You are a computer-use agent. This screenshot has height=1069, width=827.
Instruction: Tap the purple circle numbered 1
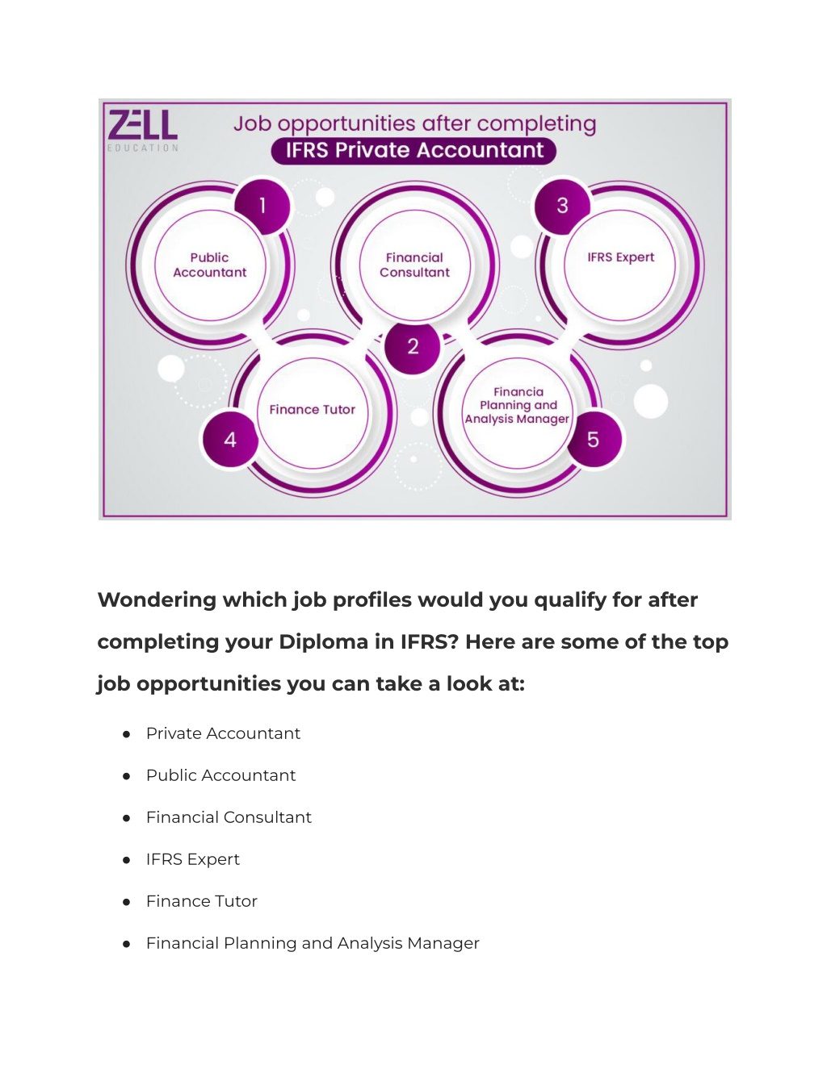(x=262, y=206)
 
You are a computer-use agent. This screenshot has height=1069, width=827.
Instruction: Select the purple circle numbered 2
(x=413, y=346)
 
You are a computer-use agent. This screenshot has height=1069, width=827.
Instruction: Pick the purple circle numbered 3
(x=562, y=206)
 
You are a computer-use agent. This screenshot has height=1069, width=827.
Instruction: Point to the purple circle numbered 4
(x=230, y=440)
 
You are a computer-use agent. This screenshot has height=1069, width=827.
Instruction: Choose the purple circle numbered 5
(x=594, y=440)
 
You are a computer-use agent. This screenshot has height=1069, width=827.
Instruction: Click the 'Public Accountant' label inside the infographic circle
(x=210, y=265)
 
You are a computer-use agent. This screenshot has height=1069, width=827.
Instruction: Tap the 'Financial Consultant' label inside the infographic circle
(x=414, y=265)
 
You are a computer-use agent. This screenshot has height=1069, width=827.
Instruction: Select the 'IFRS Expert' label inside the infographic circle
(x=621, y=257)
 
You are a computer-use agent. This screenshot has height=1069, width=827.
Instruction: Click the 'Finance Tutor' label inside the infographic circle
(x=312, y=409)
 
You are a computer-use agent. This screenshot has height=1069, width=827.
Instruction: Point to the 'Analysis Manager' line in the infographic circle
(x=517, y=420)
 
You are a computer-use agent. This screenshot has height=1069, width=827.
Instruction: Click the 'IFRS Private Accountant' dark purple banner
(x=413, y=150)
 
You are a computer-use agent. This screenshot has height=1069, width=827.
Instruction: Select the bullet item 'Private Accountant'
(x=223, y=733)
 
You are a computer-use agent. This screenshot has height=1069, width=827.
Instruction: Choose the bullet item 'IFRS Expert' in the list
(x=192, y=859)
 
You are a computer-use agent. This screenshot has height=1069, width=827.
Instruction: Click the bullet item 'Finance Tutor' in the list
(x=202, y=901)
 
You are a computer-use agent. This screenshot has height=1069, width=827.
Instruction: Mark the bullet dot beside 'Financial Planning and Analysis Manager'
(x=127, y=944)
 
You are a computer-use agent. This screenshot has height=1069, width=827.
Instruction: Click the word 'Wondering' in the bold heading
(x=157, y=601)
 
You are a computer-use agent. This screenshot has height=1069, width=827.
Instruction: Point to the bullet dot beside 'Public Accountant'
(x=127, y=776)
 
